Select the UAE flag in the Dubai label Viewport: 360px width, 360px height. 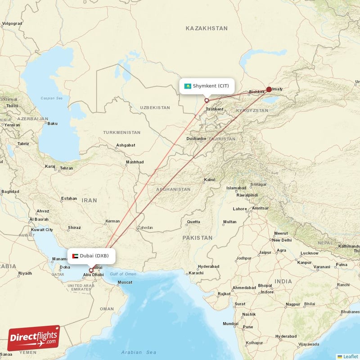click(75, 256)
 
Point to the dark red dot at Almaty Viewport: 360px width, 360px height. click(269, 89)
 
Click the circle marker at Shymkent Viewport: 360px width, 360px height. click(207, 100)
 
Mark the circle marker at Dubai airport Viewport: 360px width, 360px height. click(91, 270)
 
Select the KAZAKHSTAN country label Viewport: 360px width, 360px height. click(207, 28)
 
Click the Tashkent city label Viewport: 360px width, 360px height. click(214, 109)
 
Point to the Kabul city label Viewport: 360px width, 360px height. click(210, 180)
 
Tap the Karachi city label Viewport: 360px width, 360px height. click(196, 273)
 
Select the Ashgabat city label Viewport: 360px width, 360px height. click(126, 145)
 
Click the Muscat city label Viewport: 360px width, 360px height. click(125, 283)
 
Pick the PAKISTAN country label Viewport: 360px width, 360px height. click(197, 237)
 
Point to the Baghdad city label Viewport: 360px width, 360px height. click(10, 192)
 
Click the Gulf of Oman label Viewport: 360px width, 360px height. click(123, 274)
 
